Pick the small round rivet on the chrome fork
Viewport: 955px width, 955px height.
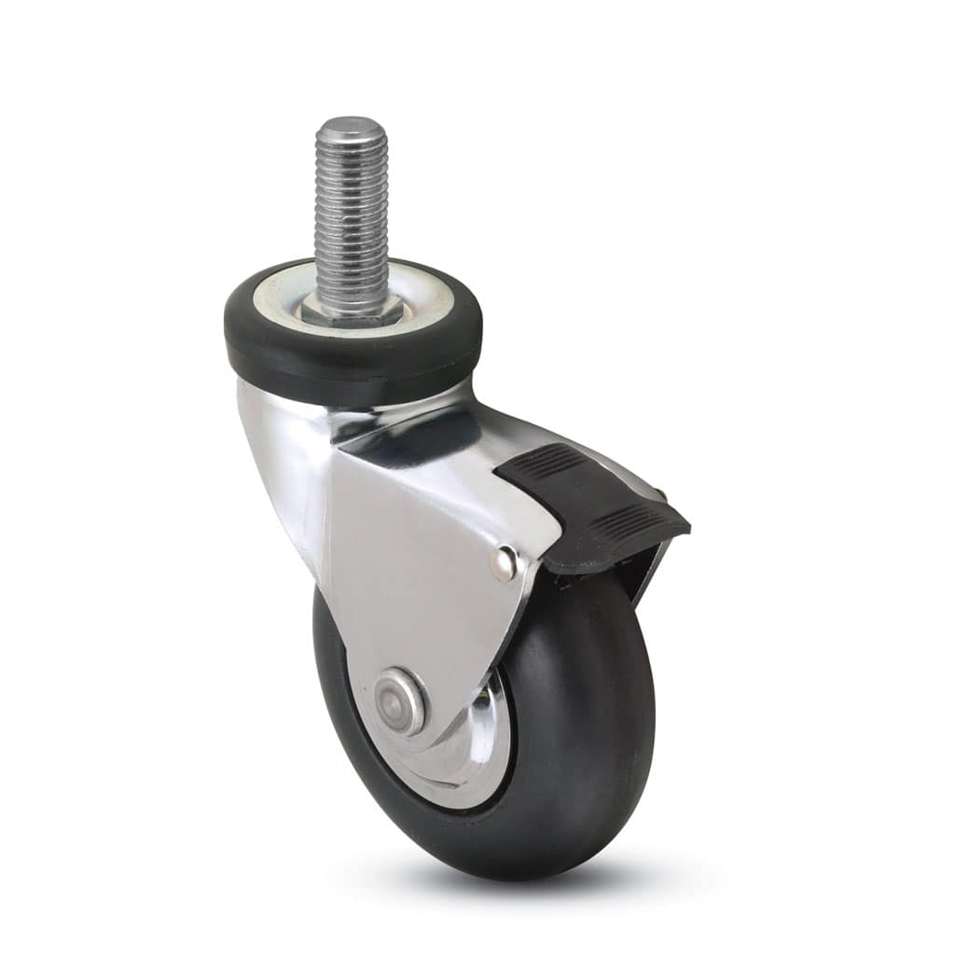point(505,562)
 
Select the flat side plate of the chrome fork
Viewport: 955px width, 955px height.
point(420,578)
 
